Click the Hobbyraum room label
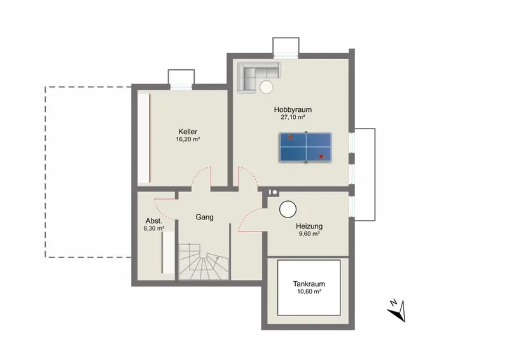coord(293,110)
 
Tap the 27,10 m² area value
coord(293,118)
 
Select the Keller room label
coord(188,132)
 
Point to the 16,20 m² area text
coord(188,139)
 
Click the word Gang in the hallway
coord(204,218)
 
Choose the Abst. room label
coord(154,221)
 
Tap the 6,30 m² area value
coord(154,228)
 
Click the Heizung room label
coord(309,226)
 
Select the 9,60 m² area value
coord(309,234)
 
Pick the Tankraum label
coord(309,284)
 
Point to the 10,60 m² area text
coord(309,291)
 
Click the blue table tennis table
coord(305,147)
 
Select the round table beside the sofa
coord(266,87)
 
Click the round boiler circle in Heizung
coord(288,209)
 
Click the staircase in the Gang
coord(203,261)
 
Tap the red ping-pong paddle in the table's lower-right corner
coord(321,156)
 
